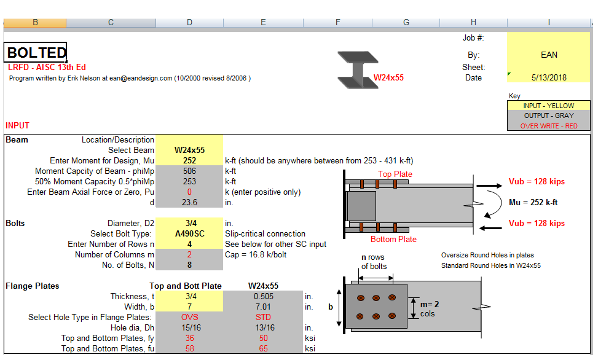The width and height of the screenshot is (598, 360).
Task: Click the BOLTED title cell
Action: (36, 52)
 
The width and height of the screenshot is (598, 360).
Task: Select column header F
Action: (337, 23)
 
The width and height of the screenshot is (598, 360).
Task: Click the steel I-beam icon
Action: (358, 70)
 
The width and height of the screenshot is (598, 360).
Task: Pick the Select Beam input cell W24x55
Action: (189, 151)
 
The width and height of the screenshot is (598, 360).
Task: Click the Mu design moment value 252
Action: (189, 160)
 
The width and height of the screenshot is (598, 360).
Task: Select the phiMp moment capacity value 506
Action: (189, 171)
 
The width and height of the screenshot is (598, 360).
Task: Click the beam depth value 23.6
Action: (189, 202)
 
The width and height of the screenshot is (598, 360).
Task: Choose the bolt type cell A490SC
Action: (189, 233)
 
